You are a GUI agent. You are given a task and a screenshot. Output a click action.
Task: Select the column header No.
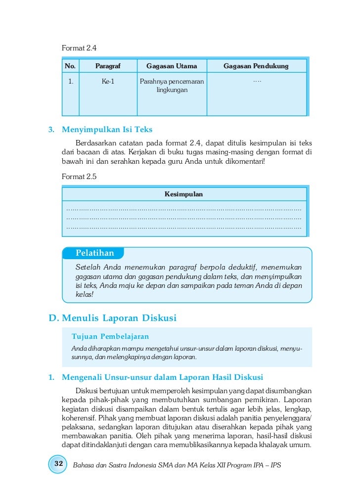[x=70, y=66]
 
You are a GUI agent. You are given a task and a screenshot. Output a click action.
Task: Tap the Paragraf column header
[x=108, y=66]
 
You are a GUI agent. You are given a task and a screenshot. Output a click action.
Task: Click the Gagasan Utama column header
[x=172, y=66]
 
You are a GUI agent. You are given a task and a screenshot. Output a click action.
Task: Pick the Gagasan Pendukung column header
[x=256, y=66]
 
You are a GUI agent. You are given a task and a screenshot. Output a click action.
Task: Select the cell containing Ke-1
[x=108, y=82]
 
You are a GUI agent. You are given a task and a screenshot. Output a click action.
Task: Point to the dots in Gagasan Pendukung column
[x=256, y=81]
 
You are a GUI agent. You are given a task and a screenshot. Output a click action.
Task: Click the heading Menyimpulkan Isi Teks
[x=107, y=130]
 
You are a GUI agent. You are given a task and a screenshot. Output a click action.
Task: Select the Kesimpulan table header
[x=183, y=194]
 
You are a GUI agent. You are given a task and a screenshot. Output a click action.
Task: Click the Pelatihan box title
[x=94, y=253]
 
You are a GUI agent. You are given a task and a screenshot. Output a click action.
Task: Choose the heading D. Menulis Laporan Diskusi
[x=112, y=318]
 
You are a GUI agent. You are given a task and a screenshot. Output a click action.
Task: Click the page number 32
[x=58, y=464]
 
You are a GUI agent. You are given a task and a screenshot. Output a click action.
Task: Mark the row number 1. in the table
[x=71, y=82]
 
